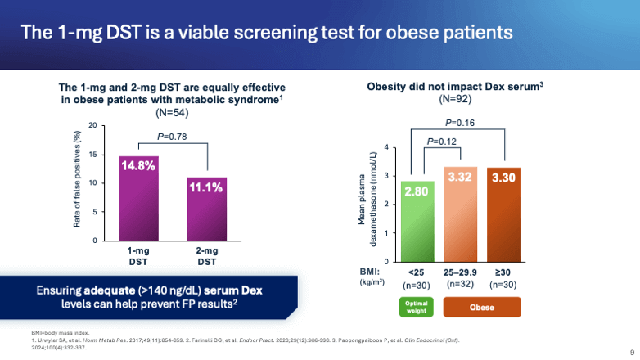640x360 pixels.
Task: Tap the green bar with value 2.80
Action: tap(417, 221)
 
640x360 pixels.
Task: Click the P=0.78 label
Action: tap(174, 137)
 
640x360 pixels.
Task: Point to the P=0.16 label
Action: tap(460, 123)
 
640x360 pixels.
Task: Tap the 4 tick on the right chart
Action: tap(385, 146)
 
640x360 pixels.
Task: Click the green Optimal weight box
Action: tap(417, 307)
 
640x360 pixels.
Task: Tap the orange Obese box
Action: tap(482, 308)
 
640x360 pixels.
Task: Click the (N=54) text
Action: tap(172, 112)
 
